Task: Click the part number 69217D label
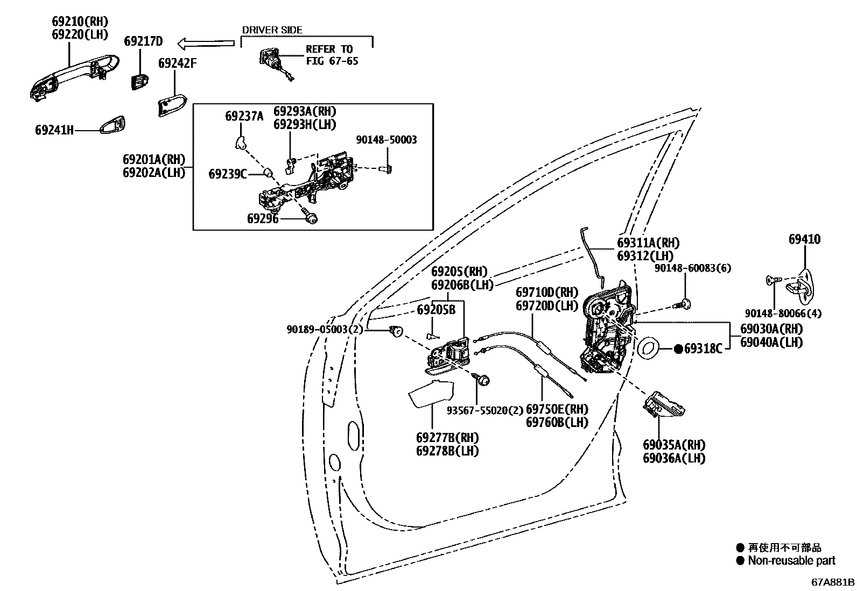click(143, 41)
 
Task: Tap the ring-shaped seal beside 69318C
click(649, 347)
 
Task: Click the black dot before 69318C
click(678, 349)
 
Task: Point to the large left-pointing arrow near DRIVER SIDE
click(206, 42)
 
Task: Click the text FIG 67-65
click(332, 61)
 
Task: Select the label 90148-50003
click(386, 140)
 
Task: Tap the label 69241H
click(54, 130)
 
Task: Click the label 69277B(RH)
click(447, 438)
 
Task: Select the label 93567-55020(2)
click(485, 410)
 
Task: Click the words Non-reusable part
click(791, 560)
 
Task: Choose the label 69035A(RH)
click(674, 445)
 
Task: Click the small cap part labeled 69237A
click(239, 141)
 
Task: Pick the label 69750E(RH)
click(557, 409)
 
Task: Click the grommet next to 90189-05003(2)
click(397, 331)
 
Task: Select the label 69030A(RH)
click(771, 329)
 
